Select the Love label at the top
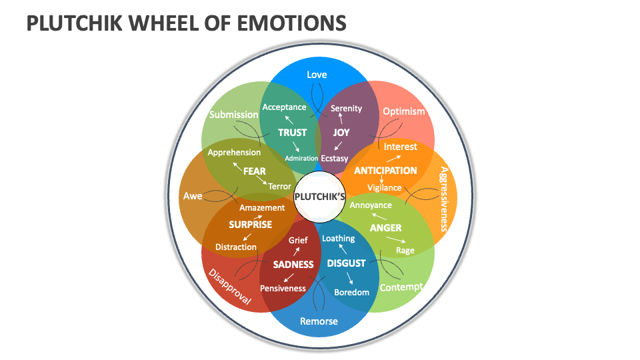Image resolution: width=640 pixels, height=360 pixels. click(317, 75)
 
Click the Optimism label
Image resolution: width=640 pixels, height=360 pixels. click(404, 111)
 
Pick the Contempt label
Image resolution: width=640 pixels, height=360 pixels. click(401, 287)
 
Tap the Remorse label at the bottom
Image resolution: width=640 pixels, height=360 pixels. click(319, 321)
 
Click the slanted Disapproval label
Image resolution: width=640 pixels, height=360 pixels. click(230, 287)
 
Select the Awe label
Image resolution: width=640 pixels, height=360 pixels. click(193, 197)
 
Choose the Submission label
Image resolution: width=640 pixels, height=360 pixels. click(233, 115)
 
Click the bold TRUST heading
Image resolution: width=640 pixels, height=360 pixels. click(292, 133)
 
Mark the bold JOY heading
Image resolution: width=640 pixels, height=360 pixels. click(341, 133)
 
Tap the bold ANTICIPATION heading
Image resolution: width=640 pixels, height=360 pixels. click(385, 171)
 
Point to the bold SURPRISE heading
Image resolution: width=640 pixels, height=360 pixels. click(250, 225)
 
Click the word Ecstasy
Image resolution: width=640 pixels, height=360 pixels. click(335, 159)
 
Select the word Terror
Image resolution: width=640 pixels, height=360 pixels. click(280, 187)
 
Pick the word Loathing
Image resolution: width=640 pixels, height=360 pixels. click(339, 238)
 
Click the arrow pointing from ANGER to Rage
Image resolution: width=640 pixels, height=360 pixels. click(391, 241)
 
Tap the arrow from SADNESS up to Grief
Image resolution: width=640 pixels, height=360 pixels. click(295, 251)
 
